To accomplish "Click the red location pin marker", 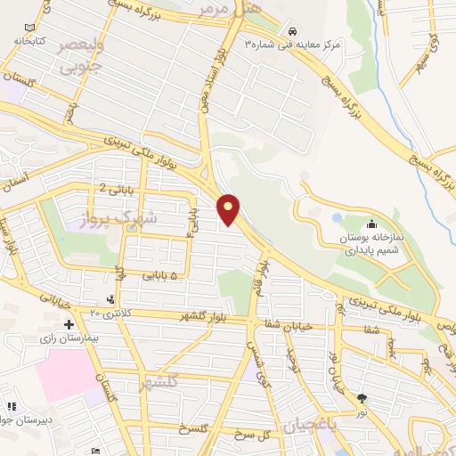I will coord(230,209).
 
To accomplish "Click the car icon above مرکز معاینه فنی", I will coord(305,28).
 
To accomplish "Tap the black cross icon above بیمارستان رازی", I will coord(69,324).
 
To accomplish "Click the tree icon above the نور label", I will coord(362,398).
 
